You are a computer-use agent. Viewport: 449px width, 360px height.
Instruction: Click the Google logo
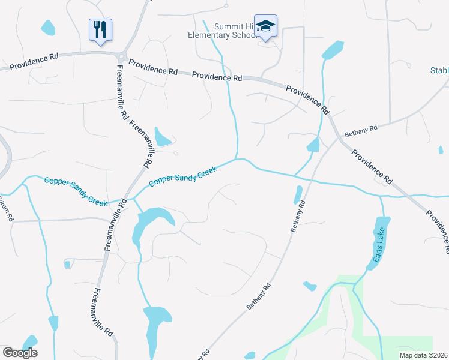tap(20, 353)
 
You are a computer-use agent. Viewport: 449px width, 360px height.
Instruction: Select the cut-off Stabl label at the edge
tap(439, 70)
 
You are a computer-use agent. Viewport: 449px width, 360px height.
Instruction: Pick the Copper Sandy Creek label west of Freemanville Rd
tap(76, 191)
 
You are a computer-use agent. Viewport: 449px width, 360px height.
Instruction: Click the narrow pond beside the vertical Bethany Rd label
tap(298, 194)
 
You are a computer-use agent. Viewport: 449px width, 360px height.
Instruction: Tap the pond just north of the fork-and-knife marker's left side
tap(48, 27)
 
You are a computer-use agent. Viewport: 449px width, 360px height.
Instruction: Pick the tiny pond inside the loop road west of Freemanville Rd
tap(67, 264)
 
